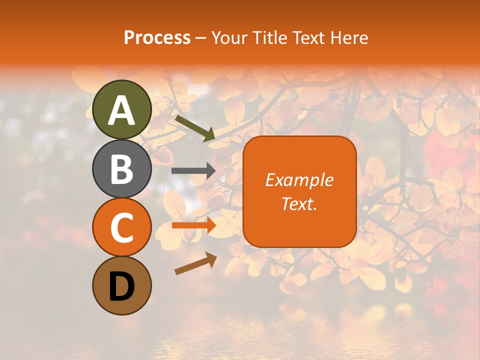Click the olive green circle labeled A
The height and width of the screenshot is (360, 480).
[121, 109]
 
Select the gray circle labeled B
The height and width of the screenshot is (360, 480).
[121, 168]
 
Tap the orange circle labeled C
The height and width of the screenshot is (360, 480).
[121, 227]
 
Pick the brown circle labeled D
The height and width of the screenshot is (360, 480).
[121, 286]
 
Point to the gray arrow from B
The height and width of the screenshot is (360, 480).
[193, 171]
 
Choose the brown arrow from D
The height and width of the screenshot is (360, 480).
[195, 263]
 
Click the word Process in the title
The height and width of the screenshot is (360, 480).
[157, 38]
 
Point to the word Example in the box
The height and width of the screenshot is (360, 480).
[299, 180]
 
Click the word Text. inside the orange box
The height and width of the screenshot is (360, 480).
[299, 203]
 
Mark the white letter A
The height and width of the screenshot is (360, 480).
[121, 110]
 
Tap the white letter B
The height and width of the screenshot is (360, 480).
[121, 169]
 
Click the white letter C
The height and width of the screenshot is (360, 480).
[121, 228]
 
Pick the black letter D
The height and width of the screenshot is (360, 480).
[121, 286]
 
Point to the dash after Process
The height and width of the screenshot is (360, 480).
[200, 38]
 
